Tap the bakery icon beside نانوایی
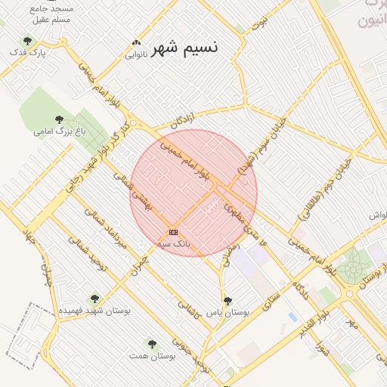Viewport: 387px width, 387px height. [x=136, y=43]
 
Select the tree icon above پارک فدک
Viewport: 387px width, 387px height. [x=28, y=41]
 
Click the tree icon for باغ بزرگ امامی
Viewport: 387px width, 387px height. [x=59, y=119]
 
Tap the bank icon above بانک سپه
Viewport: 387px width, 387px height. [x=174, y=231]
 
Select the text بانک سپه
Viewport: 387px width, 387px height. [x=174, y=244]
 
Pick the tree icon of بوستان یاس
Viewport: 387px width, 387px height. [x=228, y=301]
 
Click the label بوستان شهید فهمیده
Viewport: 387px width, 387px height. [x=94, y=311]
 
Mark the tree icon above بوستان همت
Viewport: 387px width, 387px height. [x=152, y=344]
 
